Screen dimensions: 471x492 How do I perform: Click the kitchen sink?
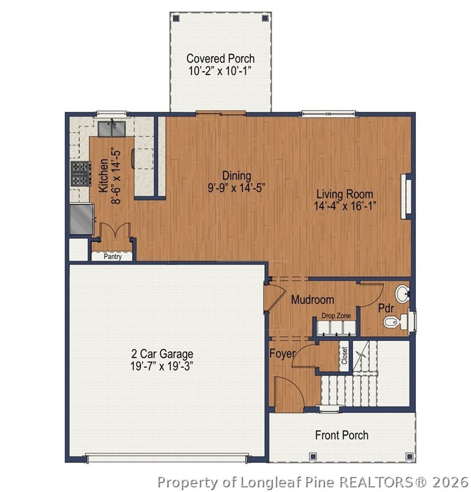(112, 129)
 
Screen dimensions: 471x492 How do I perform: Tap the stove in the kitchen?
(81, 174)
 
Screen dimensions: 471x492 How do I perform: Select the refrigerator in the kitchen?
(81, 219)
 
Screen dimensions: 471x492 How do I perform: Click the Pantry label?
(113, 257)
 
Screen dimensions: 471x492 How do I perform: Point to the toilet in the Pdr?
(396, 322)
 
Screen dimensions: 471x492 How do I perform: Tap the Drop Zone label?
(336, 315)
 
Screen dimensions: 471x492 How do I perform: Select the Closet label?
(344, 355)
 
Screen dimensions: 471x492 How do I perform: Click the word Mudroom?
(312, 300)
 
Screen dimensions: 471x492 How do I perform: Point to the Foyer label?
(282, 354)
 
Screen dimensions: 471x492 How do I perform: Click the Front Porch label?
(342, 435)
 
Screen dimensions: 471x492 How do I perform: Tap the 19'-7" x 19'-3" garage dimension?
(161, 366)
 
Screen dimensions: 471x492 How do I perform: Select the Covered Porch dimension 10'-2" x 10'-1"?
(220, 71)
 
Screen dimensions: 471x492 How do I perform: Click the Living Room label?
(345, 194)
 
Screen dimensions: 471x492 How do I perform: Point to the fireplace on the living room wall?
(406, 196)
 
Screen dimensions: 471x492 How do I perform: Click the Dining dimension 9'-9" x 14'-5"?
(236, 188)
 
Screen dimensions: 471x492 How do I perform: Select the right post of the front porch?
(409, 456)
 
